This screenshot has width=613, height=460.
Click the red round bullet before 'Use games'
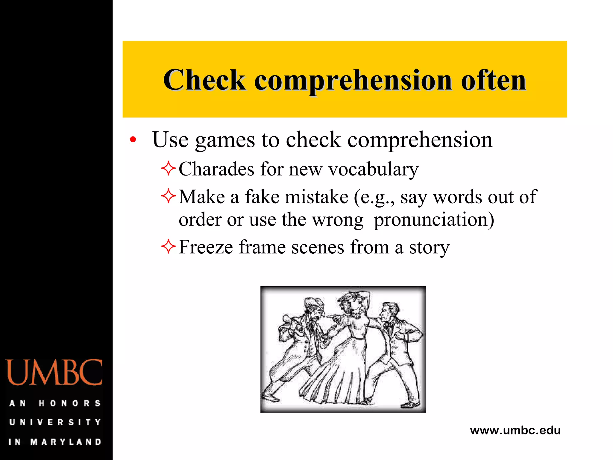[133, 140]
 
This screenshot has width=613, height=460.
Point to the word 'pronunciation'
[434, 220]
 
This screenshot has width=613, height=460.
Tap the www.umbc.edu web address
[515, 430]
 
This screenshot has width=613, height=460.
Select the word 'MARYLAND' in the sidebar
[66, 442]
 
